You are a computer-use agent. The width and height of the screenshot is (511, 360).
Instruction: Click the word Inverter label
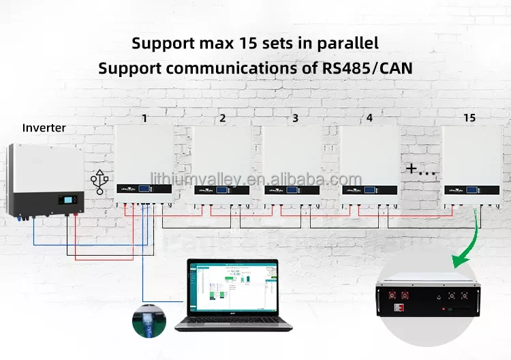(x=44, y=127)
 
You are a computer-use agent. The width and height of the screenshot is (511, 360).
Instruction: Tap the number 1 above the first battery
(x=144, y=118)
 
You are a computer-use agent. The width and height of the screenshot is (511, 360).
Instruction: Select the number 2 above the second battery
(x=222, y=118)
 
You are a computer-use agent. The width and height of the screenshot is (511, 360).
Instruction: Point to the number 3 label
(x=295, y=118)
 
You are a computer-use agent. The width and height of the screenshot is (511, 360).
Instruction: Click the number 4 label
(x=369, y=118)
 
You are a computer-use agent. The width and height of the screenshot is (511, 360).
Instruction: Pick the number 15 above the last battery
(x=469, y=118)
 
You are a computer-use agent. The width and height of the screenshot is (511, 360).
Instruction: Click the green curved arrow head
(x=457, y=260)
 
